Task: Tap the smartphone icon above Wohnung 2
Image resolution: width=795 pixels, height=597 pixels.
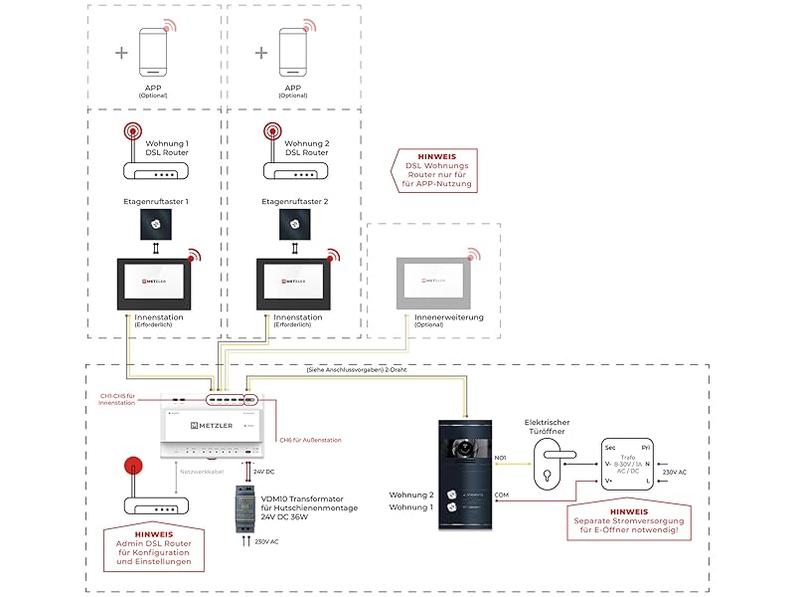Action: click(293, 51)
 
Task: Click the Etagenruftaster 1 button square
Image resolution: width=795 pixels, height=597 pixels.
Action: click(155, 227)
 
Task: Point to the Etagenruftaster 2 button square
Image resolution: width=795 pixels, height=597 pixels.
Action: click(294, 227)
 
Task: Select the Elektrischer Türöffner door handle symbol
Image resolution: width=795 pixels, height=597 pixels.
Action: click(547, 464)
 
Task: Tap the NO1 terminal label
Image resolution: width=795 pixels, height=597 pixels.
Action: click(501, 458)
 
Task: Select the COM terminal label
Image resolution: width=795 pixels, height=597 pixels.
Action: click(501, 495)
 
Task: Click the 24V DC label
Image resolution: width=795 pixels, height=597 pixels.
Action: click(264, 471)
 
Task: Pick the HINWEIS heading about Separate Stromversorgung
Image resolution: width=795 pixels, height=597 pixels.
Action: click(629, 510)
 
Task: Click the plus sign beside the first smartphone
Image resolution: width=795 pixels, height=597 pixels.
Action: click(121, 52)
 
